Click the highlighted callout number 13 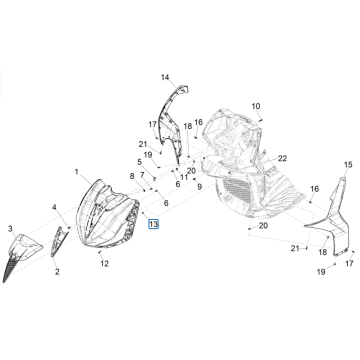coord(153,224)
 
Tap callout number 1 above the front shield coord(77,172)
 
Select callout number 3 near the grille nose coord(10,228)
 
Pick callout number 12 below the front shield coord(105,264)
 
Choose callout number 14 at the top coord(165,78)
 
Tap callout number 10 coord(256,106)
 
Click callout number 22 coord(282,158)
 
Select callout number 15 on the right coord(348,165)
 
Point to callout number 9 coord(199,187)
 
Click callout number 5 coord(140,162)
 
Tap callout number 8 coord(132,176)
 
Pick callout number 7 coord(142,175)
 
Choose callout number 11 coord(184,177)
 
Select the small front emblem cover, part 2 coord(59,241)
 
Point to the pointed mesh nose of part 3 coord(10,267)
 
